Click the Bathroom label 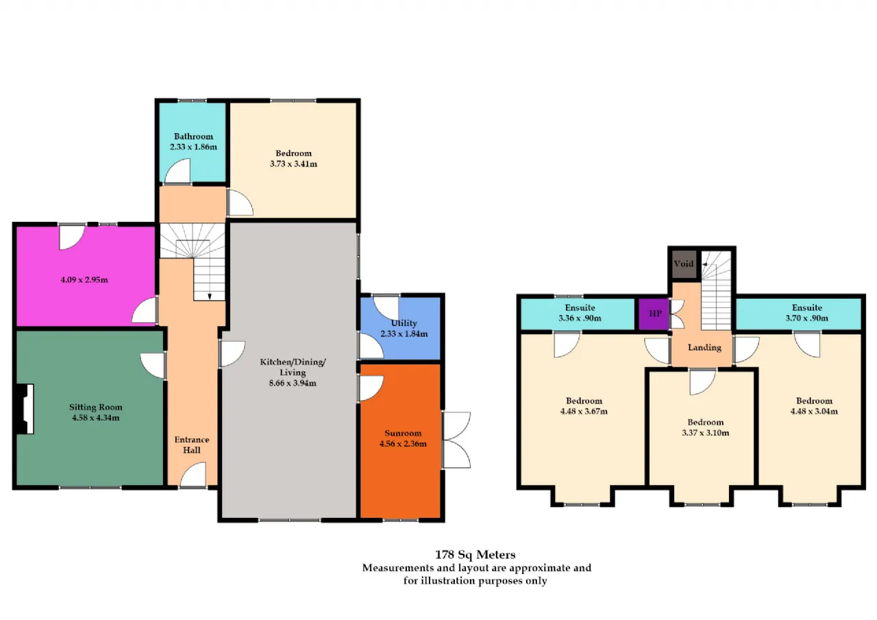[193, 136]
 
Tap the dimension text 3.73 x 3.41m [293, 164]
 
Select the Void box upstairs [684, 264]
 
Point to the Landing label [704, 347]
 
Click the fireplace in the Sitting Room [25, 409]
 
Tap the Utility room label [404, 323]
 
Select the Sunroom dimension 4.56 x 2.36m [403, 444]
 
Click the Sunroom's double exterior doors [456, 440]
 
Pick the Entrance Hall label [192, 445]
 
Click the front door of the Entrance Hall [193, 475]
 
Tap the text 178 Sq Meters [475, 555]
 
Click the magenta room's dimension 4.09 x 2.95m [84, 280]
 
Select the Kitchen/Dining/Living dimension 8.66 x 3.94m [293, 383]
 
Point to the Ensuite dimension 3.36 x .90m [580, 318]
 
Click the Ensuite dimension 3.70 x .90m [807, 318]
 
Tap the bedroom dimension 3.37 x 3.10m [706, 433]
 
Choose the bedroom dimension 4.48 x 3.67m [584, 411]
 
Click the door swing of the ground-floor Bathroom [177, 171]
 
